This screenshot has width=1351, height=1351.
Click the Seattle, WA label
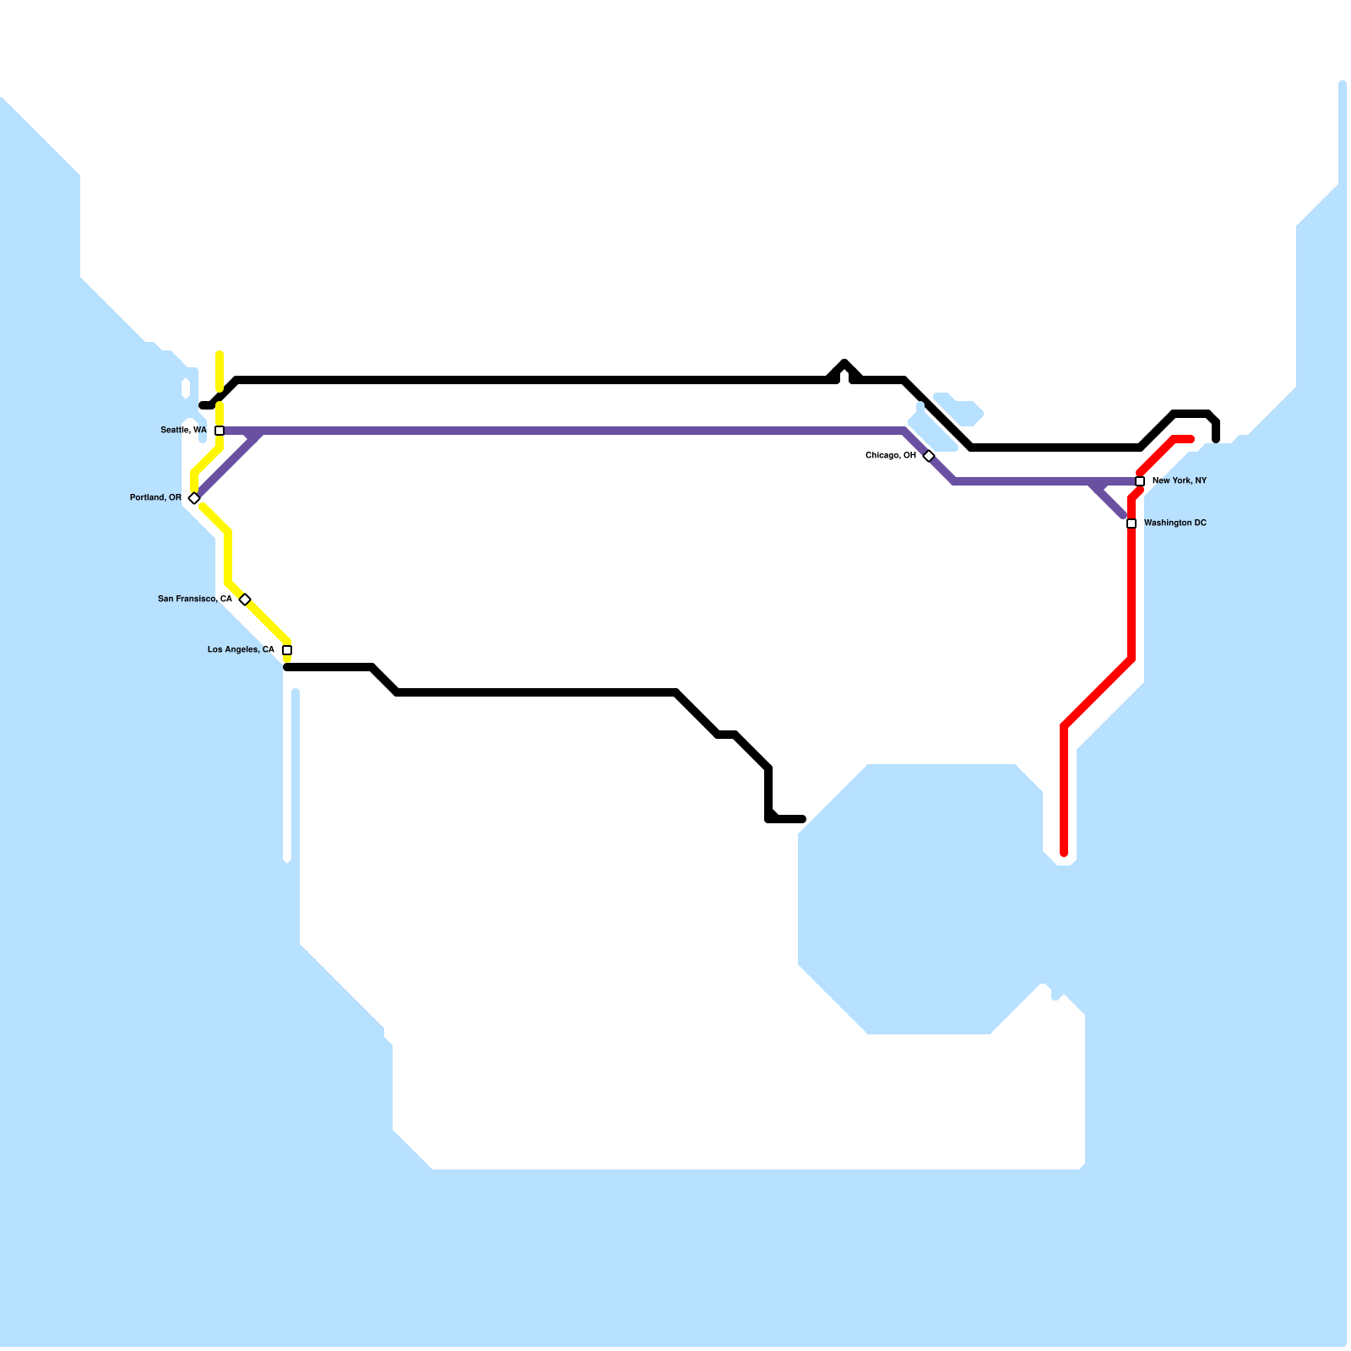[183, 431]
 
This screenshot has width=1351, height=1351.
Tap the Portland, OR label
[155, 498]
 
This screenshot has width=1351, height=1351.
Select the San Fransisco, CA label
[195, 600]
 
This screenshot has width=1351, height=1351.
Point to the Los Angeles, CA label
[241, 650]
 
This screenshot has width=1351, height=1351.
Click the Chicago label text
[891, 456]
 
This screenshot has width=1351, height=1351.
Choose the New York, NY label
[1180, 481]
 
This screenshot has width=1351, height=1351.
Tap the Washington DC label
[1175, 524]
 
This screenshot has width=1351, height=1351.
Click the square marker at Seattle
[220, 431]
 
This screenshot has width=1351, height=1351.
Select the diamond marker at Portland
[194, 498]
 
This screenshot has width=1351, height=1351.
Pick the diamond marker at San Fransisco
[245, 600]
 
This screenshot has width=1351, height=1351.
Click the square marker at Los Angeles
[287, 650]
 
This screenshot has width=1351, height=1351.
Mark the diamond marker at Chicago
[929, 456]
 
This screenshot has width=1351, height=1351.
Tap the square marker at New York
[1140, 481]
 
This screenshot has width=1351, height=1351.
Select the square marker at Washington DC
[1131, 524]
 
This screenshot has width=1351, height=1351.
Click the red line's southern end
[1064, 853]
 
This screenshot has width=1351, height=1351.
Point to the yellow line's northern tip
[220, 355]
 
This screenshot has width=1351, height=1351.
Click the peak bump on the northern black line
[844, 363]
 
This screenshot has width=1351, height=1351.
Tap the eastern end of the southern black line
[801, 819]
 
